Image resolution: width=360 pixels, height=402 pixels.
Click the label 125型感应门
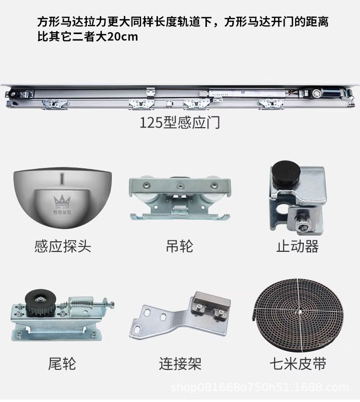(180, 122)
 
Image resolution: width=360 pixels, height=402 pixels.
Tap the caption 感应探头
(62, 247)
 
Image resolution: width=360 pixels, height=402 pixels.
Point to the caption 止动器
(297, 247)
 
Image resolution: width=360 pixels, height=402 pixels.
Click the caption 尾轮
(62, 363)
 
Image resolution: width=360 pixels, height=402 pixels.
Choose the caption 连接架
(180, 363)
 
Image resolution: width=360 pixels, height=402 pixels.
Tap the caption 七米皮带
(298, 363)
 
